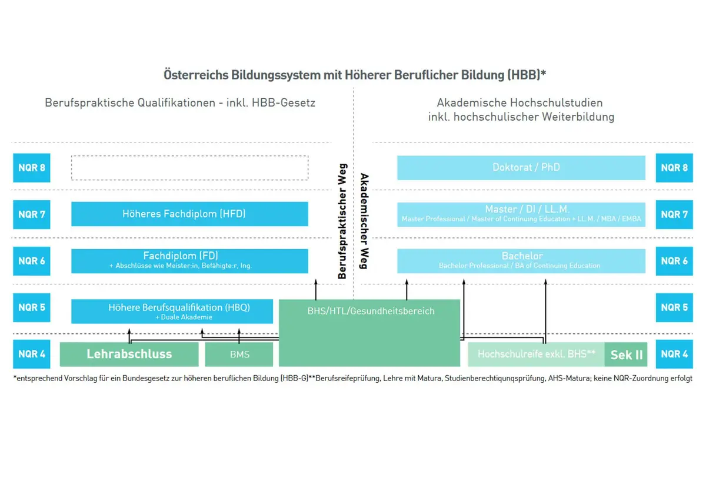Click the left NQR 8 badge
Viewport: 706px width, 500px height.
32,168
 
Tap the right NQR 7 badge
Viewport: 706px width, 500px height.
674,214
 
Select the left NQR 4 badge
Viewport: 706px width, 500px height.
32,354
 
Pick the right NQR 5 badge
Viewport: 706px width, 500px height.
674,307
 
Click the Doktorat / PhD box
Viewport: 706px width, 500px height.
521,168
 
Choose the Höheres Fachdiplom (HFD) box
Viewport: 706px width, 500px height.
189,214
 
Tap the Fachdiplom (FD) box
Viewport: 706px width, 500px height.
189,260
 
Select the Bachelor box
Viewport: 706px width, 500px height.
521,260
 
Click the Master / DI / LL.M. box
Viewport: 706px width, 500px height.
521,214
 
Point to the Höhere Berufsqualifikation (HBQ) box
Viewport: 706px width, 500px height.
172,311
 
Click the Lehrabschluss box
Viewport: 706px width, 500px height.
129,354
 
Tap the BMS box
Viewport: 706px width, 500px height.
239,355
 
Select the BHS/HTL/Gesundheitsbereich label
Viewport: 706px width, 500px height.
371,311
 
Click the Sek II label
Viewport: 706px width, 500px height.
626,355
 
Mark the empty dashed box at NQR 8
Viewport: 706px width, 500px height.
189,168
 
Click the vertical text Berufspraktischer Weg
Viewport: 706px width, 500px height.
342,221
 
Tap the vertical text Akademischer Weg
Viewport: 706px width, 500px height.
364,221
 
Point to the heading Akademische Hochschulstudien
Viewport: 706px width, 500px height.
521,103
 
